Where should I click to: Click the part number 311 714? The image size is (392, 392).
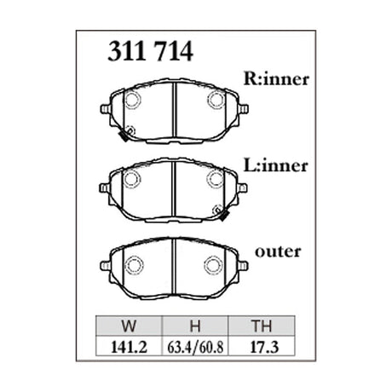click(150, 52)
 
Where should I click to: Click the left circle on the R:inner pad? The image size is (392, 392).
click(133, 99)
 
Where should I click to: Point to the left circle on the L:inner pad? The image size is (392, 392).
click(133, 178)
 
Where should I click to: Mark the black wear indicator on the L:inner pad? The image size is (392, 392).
click(222, 214)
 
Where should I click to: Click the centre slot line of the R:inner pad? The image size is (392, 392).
click(174, 112)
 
